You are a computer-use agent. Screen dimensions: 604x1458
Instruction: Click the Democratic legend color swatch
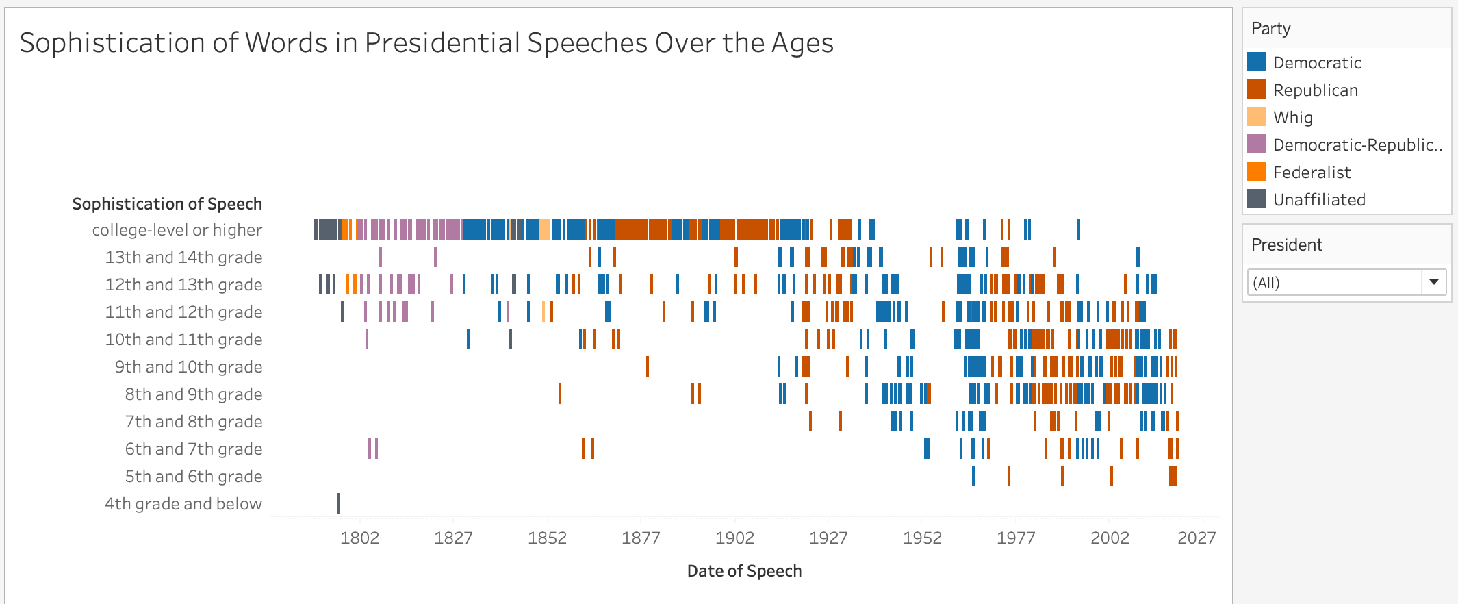pos(1257,62)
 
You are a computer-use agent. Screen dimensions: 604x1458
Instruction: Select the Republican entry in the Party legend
pos(1315,90)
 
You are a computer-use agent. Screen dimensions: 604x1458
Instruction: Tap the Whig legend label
pos(1292,118)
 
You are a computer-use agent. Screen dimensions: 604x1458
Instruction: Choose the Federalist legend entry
pos(1312,173)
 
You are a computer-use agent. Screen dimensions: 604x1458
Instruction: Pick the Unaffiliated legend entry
pos(1318,200)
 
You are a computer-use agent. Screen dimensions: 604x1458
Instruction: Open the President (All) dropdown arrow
pos(1433,282)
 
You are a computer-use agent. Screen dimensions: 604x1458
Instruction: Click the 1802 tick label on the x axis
pos(359,538)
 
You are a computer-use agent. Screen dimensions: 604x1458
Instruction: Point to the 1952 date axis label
pos(922,538)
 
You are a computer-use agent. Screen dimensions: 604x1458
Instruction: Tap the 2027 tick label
pos(1197,538)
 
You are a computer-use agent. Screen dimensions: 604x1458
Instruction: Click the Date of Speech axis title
pos(744,571)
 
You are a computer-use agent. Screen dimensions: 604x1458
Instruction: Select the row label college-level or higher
pos(177,230)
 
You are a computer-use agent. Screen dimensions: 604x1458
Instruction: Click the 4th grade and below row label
pos(183,504)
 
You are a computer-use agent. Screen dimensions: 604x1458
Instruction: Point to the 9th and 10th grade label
pos(188,367)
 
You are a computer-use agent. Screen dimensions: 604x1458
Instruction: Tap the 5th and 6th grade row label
pos(193,477)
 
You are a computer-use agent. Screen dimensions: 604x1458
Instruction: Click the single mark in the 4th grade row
pos(338,503)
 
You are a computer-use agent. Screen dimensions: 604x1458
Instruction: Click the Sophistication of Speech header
pos(167,204)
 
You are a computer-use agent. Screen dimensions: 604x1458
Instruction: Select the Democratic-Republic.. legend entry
pos(1357,145)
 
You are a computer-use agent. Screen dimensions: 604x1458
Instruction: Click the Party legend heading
pos(1270,29)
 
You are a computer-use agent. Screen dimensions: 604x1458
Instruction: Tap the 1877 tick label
pos(641,538)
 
